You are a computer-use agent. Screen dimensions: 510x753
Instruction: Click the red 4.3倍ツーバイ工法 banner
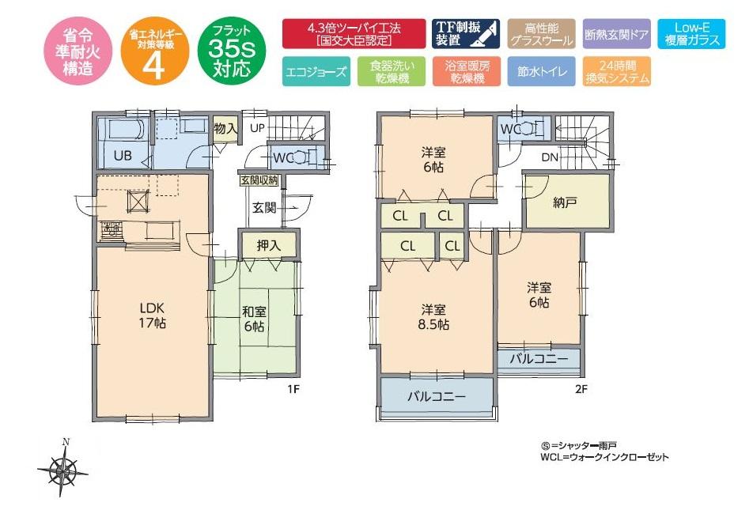pos(354,33)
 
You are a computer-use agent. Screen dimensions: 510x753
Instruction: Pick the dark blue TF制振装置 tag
pos(465,33)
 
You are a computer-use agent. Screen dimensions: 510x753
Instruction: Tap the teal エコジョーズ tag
pos(314,71)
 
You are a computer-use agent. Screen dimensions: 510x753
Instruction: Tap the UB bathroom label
pos(122,156)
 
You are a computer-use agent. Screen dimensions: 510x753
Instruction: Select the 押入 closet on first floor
pos(268,246)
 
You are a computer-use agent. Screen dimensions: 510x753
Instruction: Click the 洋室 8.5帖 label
pos(434,316)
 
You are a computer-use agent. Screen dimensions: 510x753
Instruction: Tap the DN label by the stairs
pos(550,157)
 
